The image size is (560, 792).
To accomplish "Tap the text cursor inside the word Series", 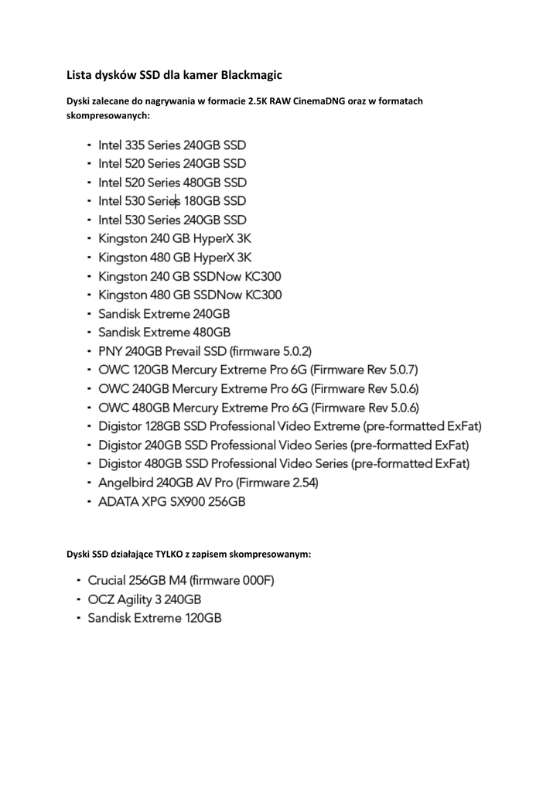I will [177, 201].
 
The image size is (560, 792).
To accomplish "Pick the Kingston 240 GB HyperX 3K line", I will [175, 239].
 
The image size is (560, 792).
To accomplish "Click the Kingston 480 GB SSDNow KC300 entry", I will [190, 295].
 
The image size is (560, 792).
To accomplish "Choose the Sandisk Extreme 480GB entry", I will [164, 333].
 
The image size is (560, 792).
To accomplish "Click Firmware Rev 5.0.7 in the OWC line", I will [369, 370].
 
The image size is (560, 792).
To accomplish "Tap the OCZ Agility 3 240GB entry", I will [145, 599].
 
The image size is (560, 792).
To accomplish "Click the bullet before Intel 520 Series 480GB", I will [90, 183].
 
